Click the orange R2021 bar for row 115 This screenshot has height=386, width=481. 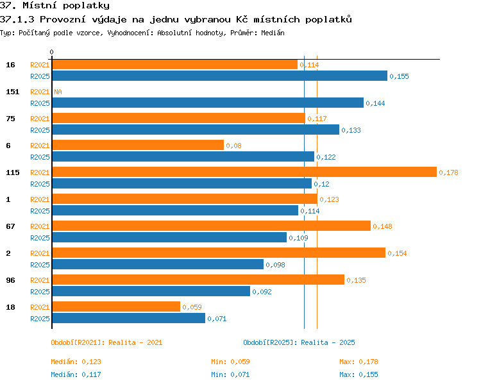[244, 172]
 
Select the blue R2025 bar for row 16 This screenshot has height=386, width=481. [219, 76]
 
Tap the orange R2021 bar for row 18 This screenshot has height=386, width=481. [116, 306]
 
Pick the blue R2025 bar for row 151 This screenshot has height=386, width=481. [208, 103]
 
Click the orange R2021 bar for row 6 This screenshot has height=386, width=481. [138, 145]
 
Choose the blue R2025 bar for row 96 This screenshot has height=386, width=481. [151, 291]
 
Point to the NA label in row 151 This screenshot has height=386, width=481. [58, 92]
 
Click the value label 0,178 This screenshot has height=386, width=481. [448, 172]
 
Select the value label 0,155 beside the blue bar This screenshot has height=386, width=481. [399, 76]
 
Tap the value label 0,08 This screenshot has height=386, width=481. [233, 146]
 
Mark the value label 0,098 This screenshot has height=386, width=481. [276, 265]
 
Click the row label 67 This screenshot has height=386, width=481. [10, 226]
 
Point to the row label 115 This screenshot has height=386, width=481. [13, 172]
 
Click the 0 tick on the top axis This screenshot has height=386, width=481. [51, 52]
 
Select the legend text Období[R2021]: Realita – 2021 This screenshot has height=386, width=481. [106, 342]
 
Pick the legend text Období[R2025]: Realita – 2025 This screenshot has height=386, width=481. [299, 342]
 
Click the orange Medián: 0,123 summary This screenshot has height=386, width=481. [76, 362]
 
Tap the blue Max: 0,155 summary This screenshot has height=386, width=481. [359, 374]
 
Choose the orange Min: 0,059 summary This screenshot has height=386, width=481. [230, 362]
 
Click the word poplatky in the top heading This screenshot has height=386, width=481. [86, 6]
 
